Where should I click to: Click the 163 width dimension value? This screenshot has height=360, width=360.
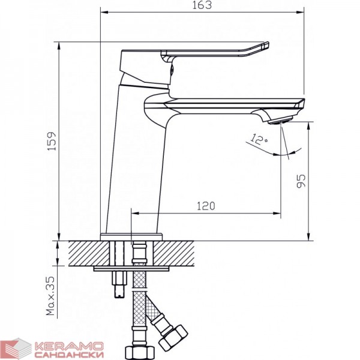click(x=202, y=5)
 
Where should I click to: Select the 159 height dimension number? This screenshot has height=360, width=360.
click(x=52, y=141)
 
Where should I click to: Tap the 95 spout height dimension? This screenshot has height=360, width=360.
click(x=301, y=181)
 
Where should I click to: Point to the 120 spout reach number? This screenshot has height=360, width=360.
click(x=206, y=206)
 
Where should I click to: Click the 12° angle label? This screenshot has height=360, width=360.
click(x=259, y=139)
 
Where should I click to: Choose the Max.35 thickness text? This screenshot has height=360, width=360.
click(x=51, y=295)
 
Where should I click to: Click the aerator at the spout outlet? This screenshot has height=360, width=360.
click(x=281, y=120)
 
